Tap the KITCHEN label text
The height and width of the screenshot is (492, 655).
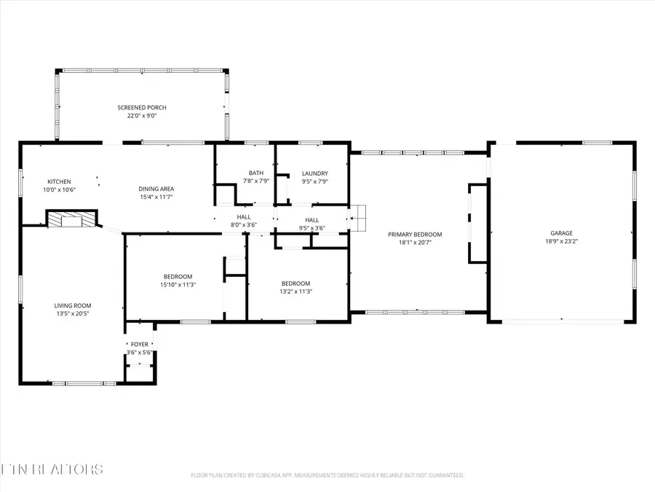point(59,181)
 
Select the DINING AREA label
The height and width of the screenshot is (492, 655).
point(156,189)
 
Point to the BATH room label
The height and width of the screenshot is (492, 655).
point(255,173)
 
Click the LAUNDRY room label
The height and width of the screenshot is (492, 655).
point(314,173)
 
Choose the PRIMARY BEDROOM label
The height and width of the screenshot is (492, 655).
point(415,234)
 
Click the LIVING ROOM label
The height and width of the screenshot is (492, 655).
point(73,305)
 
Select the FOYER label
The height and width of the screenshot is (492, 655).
point(139,344)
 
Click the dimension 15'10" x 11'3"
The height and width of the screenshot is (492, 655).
point(178,284)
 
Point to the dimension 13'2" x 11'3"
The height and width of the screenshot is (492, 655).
point(296,292)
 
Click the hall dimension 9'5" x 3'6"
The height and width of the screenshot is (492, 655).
point(311,228)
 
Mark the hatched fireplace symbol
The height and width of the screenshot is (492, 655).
point(71,220)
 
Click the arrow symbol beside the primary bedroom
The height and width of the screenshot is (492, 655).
point(359,216)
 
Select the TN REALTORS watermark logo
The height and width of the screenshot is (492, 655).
point(52,469)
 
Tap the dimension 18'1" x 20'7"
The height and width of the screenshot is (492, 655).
point(415,242)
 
